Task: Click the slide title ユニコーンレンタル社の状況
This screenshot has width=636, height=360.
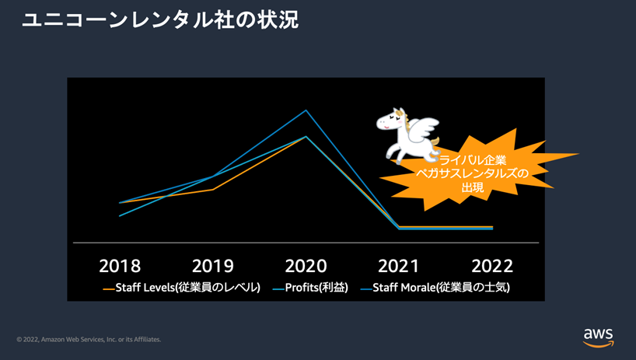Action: [x=160, y=20]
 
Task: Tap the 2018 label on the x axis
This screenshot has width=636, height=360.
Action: [x=120, y=266]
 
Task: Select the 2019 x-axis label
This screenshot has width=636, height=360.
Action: [x=213, y=266]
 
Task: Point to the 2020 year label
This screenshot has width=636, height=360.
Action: [x=306, y=266]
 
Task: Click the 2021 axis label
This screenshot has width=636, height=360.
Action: [x=399, y=266]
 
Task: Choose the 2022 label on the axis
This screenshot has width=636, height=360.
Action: [x=492, y=266]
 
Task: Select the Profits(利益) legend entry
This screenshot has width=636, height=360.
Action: [x=310, y=288]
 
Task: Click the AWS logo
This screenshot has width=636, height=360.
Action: [x=598, y=337]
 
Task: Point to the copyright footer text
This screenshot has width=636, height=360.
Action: [x=89, y=339]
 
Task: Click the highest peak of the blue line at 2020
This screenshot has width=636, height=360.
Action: [x=306, y=110]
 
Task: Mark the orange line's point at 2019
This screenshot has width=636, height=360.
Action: [x=213, y=189]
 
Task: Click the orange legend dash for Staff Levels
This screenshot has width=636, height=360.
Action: [x=108, y=288]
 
